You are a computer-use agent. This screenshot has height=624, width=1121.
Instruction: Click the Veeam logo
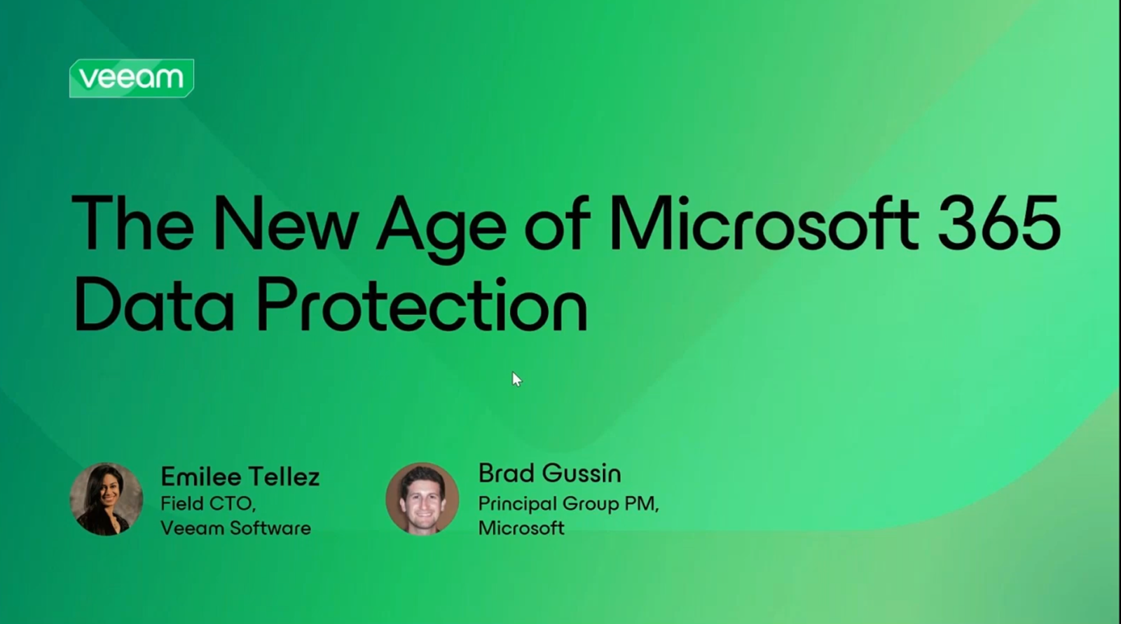132,78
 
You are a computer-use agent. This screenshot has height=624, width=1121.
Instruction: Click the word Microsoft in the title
764,222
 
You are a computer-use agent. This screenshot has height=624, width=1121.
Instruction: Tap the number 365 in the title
999,223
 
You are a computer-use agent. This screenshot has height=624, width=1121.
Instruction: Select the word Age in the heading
441,229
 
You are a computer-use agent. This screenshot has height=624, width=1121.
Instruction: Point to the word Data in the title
154,303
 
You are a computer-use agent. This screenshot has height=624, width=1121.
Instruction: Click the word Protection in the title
422,303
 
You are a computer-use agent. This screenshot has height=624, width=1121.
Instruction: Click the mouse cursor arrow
517,380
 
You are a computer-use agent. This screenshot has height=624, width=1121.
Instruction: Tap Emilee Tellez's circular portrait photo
106,499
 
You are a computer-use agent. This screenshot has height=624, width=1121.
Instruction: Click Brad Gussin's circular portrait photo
422,499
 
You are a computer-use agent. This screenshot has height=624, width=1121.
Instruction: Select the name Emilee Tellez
240,476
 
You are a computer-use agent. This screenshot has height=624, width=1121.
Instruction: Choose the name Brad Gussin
549,473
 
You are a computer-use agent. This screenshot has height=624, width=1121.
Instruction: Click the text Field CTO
208,504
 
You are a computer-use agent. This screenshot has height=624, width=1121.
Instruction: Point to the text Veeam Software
235,528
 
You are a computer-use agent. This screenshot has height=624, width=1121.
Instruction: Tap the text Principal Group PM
568,504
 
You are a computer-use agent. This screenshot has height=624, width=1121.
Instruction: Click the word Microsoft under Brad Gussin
521,528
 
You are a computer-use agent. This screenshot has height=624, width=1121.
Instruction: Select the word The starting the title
132,222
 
